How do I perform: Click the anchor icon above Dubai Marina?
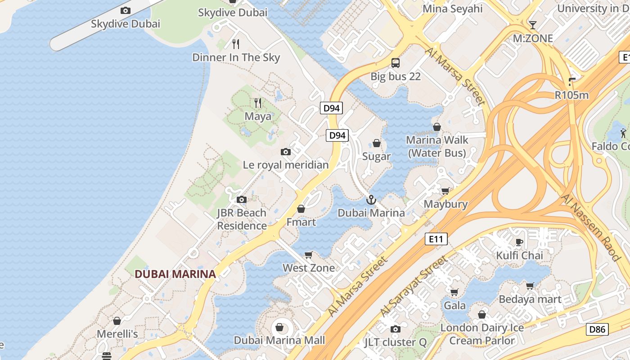pyautogui.click(x=371, y=200)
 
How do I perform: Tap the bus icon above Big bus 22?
pyautogui.click(x=396, y=63)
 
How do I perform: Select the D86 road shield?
pyautogui.click(x=597, y=329)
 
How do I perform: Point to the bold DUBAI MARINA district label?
pyautogui.click(x=175, y=274)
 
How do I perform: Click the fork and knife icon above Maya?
pyautogui.click(x=258, y=103)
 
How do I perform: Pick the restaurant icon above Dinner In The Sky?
pyautogui.click(x=236, y=44)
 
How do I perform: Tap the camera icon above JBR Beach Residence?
pyautogui.click(x=242, y=199)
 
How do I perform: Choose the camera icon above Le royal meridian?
pyautogui.click(x=286, y=152)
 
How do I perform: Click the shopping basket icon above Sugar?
pyautogui.click(x=377, y=143)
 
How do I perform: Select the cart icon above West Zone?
pyautogui.click(x=309, y=255)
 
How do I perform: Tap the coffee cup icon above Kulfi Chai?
pyautogui.click(x=519, y=243)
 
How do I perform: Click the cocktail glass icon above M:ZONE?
pyautogui.click(x=533, y=25)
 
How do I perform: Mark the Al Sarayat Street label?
pyautogui.click(x=414, y=286)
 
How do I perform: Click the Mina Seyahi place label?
pyautogui.click(x=453, y=9)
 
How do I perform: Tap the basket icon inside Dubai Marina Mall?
pyautogui.click(x=279, y=327)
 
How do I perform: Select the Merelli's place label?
pyautogui.click(x=117, y=334)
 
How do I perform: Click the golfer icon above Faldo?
pyautogui.click(x=623, y=133)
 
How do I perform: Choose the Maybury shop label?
pyautogui.click(x=445, y=204)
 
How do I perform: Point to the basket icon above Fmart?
pyautogui.click(x=301, y=209)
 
